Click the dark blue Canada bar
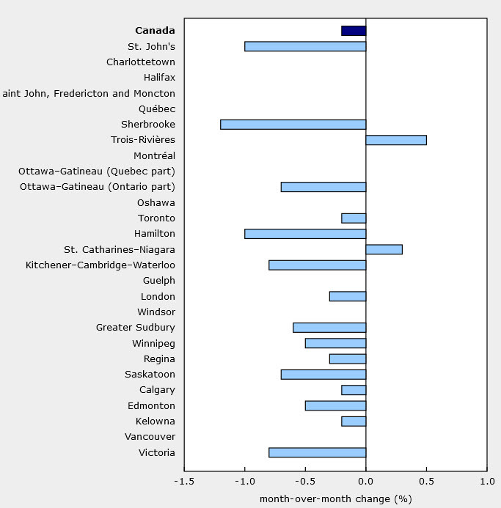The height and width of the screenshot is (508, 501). tap(354, 31)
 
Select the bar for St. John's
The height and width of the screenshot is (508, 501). tap(305, 46)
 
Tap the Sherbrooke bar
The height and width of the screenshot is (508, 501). tap(293, 125)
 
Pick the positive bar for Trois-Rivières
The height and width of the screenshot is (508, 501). tap(396, 140)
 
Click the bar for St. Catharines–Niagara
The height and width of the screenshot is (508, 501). tap(384, 249)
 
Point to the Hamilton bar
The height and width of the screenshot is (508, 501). tap(305, 234)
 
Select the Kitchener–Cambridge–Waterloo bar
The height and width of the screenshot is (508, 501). tap(317, 265)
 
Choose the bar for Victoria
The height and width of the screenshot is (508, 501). tap(317, 452)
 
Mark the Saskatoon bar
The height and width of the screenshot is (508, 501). tap(323, 375)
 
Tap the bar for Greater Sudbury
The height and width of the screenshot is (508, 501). tap(329, 328)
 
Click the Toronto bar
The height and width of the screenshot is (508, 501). tap(354, 218)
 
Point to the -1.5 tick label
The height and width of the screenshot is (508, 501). tap(183, 482)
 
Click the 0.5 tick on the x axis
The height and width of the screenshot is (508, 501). tap(426, 482)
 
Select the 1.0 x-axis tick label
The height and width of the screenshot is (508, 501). tap(486, 482)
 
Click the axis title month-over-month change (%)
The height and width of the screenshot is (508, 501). tap(335, 499)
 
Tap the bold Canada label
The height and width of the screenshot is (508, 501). tap(155, 31)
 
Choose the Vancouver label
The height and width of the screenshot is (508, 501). tap(151, 437)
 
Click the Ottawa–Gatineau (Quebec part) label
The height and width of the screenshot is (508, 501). tap(97, 172)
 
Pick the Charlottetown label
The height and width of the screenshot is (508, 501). tap(141, 62)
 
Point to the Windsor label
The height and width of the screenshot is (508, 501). tap(156, 312)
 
